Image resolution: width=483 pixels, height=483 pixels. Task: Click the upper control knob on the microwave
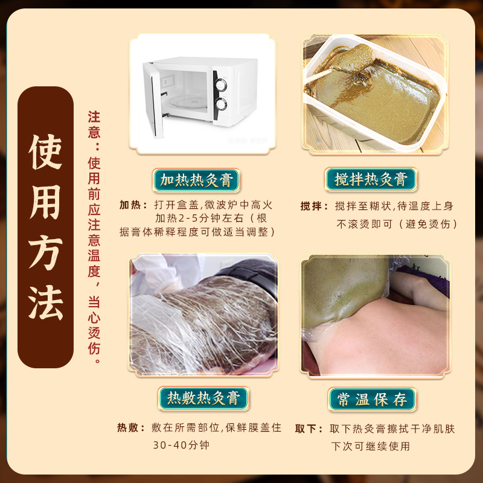pyautogui.click(x=221, y=85)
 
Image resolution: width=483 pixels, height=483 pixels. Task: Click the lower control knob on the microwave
pyautogui.click(x=221, y=104)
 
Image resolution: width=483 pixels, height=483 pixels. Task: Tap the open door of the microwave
pyautogui.click(x=153, y=98)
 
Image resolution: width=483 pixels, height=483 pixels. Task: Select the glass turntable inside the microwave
pyautogui.click(x=188, y=102)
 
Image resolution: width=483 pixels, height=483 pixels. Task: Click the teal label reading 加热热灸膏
pyautogui.click(x=196, y=180)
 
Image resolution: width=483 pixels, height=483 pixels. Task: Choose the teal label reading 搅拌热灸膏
pyautogui.click(x=371, y=179)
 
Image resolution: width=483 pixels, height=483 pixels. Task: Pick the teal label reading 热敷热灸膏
pyautogui.click(x=203, y=398)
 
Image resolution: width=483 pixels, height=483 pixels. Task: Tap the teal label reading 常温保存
pyautogui.click(x=372, y=400)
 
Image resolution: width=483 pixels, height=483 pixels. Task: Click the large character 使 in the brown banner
pyautogui.click(x=45, y=152)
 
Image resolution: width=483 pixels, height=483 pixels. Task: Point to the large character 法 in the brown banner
pyautogui.click(x=46, y=302)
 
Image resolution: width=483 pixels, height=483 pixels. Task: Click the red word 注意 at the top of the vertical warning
pyautogui.click(x=94, y=125)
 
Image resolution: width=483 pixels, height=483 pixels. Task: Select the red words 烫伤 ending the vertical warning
pyautogui.click(x=94, y=341)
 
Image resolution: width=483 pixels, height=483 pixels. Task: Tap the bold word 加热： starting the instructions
pyautogui.click(x=133, y=205)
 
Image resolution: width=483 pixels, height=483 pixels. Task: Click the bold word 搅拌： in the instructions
pyautogui.click(x=315, y=206)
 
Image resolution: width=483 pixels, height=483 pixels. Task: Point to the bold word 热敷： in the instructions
pyautogui.click(x=131, y=427)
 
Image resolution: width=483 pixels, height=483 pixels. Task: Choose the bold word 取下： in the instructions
pyautogui.click(x=309, y=429)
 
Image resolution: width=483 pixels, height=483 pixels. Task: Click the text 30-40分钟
pyautogui.click(x=181, y=445)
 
